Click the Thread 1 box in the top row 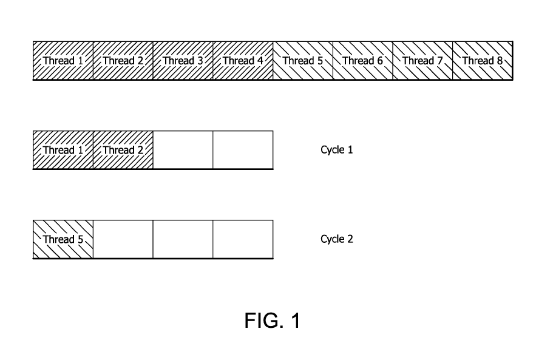coord(63,61)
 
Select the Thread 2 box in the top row coord(123,61)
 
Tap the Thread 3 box coord(183,61)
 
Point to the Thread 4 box coord(243,61)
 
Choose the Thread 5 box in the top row coord(303,61)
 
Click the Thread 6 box coord(362,61)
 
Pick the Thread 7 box coord(422,61)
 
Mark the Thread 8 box coord(483,61)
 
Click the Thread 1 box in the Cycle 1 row coord(63,150)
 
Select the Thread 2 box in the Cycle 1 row coord(123,150)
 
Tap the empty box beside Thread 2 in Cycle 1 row coord(183,150)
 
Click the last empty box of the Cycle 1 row coord(243,150)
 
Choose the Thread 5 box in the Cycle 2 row coord(63,239)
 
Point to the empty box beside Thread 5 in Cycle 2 coord(123,239)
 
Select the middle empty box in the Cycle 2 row coord(183,239)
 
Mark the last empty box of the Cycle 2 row coord(243,239)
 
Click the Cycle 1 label coord(337,150)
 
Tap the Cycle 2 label coord(337,239)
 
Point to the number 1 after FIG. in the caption coord(296,321)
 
